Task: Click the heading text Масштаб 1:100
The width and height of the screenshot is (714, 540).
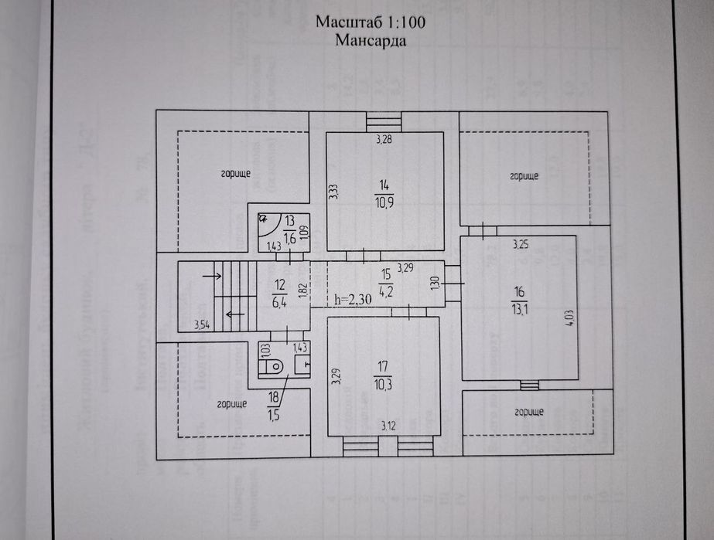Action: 371,22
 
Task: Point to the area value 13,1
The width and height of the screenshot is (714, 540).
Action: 518,301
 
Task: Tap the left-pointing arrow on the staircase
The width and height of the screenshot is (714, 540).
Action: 231,314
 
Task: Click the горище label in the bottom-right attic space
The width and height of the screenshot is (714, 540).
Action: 527,411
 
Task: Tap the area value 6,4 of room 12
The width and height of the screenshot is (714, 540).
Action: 278,302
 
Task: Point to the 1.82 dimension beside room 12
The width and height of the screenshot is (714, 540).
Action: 302,290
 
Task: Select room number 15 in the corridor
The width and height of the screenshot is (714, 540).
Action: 384,273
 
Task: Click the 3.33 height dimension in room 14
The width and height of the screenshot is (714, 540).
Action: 333,192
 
